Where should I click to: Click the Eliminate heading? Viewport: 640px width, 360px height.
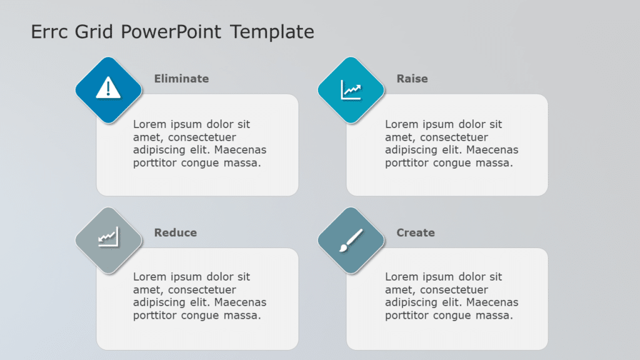tap(181, 79)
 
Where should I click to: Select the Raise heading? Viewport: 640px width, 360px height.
tap(412, 79)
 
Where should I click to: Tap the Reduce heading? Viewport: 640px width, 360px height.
tap(175, 232)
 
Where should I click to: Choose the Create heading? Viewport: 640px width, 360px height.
tap(415, 232)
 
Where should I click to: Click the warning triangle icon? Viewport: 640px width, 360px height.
tap(108, 89)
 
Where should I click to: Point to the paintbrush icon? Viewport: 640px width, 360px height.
tap(351, 241)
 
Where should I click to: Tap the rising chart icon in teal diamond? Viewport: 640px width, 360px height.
tap(351, 89)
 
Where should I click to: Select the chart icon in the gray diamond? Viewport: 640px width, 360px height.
tap(108, 237)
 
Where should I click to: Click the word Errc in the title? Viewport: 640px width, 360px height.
tap(49, 31)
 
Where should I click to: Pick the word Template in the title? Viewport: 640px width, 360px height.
tap(272, 31)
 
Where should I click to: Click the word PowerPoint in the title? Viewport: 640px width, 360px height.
tap(171, 31)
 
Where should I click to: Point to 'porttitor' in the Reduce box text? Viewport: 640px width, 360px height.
tap(155, 316)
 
